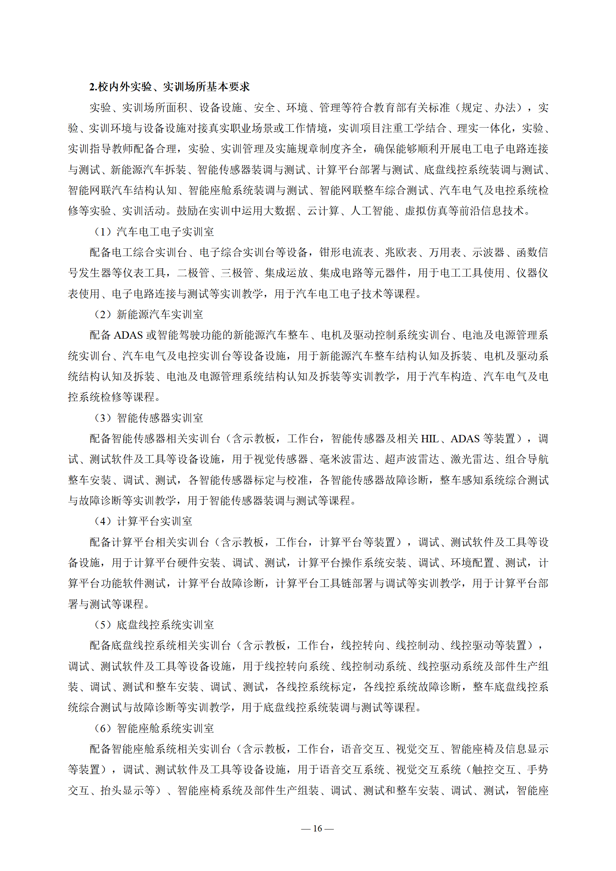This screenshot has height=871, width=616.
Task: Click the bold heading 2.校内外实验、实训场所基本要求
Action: coord(169,87)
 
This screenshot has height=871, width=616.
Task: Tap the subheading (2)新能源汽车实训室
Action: coord(149,314)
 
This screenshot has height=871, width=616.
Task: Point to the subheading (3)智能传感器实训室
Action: coord(149,418)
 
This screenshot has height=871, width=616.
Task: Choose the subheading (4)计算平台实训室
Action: coord(143,521)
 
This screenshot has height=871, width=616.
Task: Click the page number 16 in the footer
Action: coord(318,828)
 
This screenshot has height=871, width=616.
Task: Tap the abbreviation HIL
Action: coord(430,439)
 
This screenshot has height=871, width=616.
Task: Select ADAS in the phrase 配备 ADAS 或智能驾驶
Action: coord(128,335)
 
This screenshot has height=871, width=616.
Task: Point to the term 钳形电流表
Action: coord(346,253)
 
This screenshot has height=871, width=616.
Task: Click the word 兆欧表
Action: coord(401,253)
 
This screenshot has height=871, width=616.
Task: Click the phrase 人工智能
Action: coord(372,211)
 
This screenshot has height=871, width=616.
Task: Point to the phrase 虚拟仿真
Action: coord(426,211)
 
